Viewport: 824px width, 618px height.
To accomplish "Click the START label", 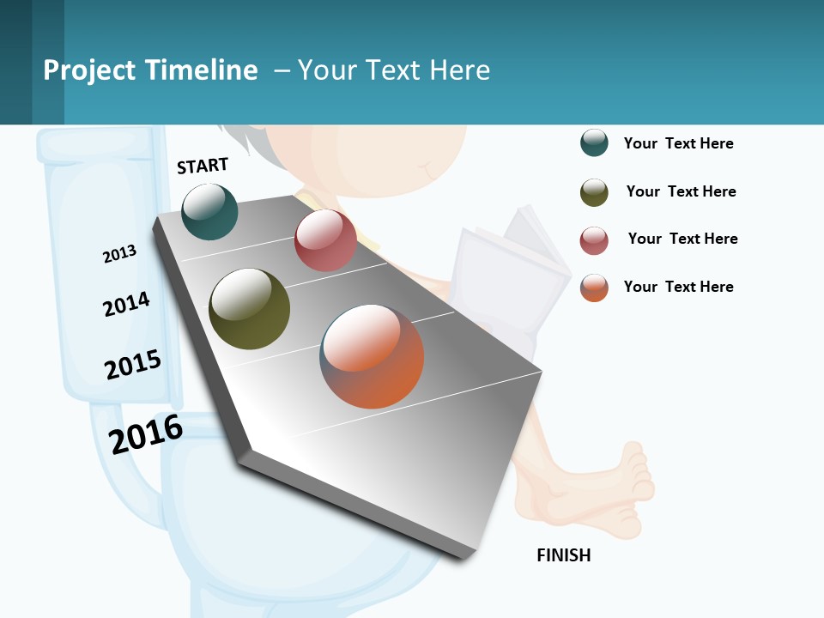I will coord(203,165).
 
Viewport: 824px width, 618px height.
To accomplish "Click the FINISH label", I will coord(563,555).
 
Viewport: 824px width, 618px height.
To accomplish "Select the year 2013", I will coord(119,254).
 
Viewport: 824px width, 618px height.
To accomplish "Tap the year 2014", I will coord(126,304).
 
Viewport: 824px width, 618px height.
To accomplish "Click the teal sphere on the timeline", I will coord(210,212).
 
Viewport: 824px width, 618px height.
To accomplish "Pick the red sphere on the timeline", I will coord(325,240).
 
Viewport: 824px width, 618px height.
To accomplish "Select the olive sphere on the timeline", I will coord(250,309).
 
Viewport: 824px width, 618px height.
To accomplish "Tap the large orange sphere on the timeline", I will coord(372,356).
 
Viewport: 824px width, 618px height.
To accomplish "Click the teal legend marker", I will coord(594,143).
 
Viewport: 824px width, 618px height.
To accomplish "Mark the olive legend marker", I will coord(594,192).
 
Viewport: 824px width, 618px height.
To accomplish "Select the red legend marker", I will coord(594,240).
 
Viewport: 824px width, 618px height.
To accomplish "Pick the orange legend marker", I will coord(594,288).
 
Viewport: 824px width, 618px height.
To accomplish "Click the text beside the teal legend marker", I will coord(678,143).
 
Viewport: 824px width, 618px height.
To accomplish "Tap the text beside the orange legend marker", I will coord(678,287).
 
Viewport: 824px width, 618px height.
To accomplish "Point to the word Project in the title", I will coord(89,70).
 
